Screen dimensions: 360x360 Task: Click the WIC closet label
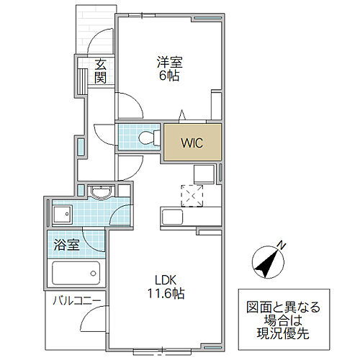point(192,143)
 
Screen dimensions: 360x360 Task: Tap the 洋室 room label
point(170,62)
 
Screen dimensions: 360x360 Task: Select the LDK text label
point(166,280)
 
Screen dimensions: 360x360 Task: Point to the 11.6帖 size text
point(166,293)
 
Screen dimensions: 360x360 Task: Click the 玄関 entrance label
point(100,71)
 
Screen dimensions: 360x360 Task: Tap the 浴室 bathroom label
point(66,245)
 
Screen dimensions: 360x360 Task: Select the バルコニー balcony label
point(77,301)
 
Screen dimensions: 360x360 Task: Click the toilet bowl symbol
point(149,138)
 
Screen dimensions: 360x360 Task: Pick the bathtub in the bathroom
point(76,273)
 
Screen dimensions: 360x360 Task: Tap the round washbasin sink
point(101,192)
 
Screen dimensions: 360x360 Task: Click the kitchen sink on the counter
point(172,217)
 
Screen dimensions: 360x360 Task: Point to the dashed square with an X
point(192,196)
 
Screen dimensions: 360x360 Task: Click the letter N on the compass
point(282,246)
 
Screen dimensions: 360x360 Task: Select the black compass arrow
point(266,264)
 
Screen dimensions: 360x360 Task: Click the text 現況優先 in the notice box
point(283,333)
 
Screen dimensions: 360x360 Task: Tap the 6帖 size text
point(169,76)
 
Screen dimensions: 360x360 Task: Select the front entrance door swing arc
point(95,36)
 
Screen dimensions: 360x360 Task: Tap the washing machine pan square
point(63,214)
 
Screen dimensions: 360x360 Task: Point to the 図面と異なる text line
point(283,307)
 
